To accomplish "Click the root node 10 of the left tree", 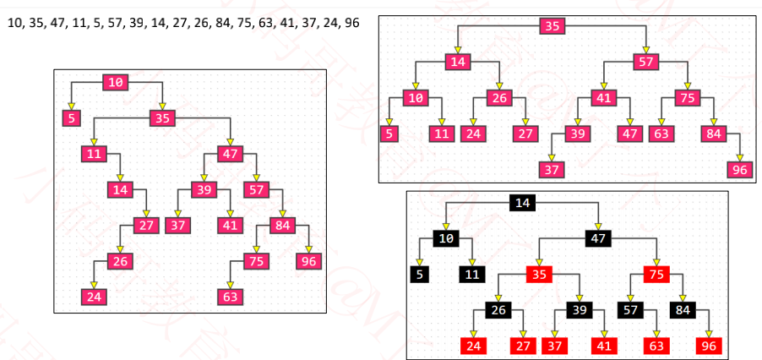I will click(x=116, y=82).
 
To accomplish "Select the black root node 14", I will click(x=522, y=203).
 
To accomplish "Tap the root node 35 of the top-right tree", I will click(x=552, y=26).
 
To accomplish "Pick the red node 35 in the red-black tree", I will click(x=538, y=275).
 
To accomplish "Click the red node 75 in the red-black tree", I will click(x=656, y=275).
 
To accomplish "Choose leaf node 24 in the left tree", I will click(x=94, y=297).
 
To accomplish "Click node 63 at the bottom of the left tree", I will click(x=230, y=297).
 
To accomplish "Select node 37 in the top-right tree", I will click(x=551, y=169).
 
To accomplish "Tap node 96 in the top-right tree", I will click(x=739, y=169).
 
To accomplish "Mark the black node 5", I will click(x=419, y=275).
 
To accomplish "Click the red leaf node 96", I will click(x=708, y=346).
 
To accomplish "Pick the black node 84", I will click(x=683, y=310).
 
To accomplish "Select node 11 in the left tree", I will click(x=94, y=154).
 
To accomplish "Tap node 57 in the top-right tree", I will click(x=646, y=62).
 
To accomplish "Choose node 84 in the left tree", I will click(x=281, y=225).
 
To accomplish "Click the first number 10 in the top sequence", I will click(x=14, y=23).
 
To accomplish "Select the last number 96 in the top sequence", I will click(x=350, y=23).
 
